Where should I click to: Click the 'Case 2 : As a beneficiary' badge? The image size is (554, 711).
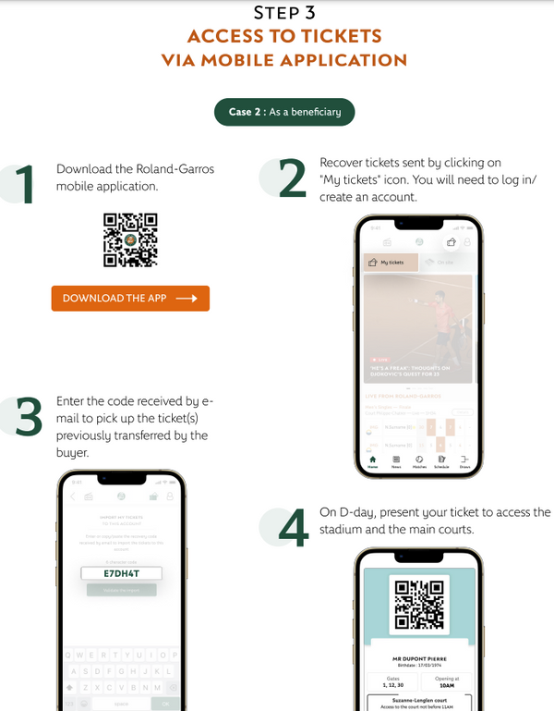(x=284, y=112)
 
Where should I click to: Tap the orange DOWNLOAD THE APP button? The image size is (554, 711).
(x=130, y=299)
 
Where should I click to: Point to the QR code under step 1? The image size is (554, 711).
(x=130, y=240)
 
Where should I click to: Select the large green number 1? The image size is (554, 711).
(x=22, y=184)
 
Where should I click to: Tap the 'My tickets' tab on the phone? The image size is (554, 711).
(x=387, y=263)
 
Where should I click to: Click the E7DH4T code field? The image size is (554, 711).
(x=121, y=573)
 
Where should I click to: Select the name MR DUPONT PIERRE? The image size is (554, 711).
(x=419, y=659)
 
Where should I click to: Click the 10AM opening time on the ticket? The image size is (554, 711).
(x=445, y=686)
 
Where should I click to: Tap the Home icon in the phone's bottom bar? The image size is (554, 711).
(x=372, y=461)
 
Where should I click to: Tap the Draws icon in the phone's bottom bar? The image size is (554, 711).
(x=464, y=461)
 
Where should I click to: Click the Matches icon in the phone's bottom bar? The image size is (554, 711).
(x=419, y=461)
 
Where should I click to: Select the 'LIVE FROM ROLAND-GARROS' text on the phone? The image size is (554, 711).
(x=403, y=396)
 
